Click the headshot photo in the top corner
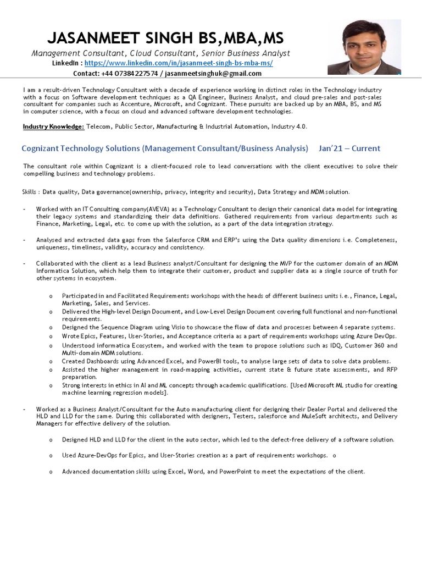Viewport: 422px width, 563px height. point(364,47)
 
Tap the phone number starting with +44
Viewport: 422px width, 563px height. point(130,74)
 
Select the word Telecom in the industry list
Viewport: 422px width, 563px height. point(98,126)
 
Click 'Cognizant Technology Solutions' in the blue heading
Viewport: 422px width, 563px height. point(81,148)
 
